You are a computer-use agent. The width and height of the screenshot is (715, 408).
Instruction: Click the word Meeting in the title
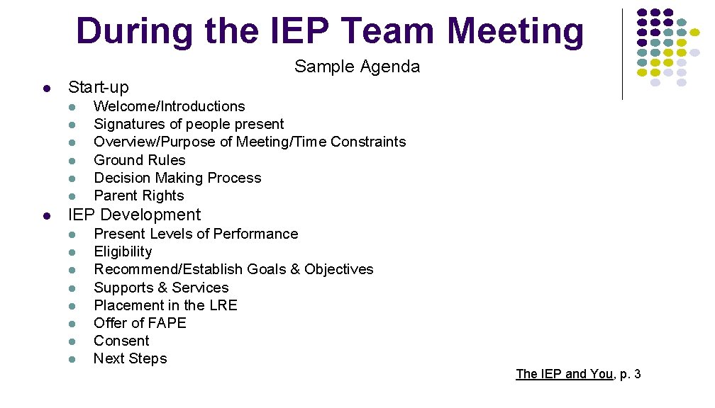coord(515,32)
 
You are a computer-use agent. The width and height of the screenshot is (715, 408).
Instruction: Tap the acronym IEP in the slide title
coord(287,32)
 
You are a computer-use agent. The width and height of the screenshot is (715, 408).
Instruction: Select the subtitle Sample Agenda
coord(357,67)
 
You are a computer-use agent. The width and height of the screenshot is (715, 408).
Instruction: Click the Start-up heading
coord(98,87)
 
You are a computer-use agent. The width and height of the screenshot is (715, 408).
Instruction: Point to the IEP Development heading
coord(134,215)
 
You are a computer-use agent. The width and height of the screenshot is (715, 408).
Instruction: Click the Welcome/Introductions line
coord(169,106)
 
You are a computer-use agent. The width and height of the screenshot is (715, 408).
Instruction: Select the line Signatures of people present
coord(189,124)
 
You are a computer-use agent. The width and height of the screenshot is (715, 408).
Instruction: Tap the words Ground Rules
coord(139,160)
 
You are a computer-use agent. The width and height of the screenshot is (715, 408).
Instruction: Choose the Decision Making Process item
coord(177,178)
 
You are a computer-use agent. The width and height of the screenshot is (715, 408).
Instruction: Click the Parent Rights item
coord(138,195)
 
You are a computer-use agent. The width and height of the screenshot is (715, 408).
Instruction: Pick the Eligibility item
coord(123,251)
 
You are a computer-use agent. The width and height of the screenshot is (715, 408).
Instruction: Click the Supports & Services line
coord(161,288)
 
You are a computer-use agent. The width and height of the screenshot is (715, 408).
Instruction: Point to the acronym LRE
coord(223,305)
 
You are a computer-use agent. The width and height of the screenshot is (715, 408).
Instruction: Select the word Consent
coord(121,341)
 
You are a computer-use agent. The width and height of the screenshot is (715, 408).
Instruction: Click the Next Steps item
coord(130,358)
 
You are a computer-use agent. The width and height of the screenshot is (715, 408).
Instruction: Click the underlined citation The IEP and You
coord(564,373)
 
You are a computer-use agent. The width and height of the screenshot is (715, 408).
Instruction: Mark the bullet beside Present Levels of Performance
coord(72,234)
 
